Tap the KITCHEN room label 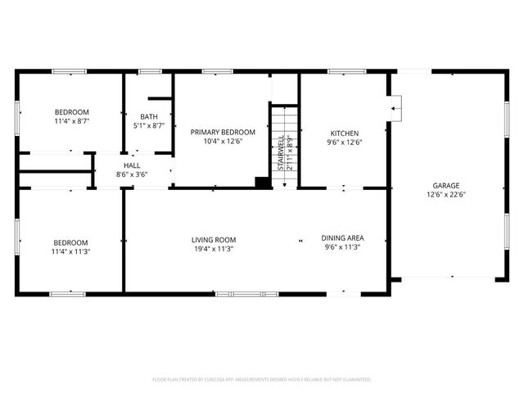point(344,133)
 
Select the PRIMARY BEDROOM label point(223,132)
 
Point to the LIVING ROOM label point(215,239)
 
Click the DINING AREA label point(342,238)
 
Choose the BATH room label point(149,116)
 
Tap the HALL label point(132,165)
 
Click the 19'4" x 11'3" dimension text point(215,249)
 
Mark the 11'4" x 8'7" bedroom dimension point(72,122)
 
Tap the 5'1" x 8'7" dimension point(149,125)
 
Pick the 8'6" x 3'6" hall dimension point(132,174)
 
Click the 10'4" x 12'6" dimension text point(223,141)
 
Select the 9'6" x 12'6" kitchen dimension point(344,142)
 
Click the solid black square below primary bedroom point(263,183)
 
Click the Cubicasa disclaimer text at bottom point(262,380)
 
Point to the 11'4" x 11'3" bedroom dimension point(72,252)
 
